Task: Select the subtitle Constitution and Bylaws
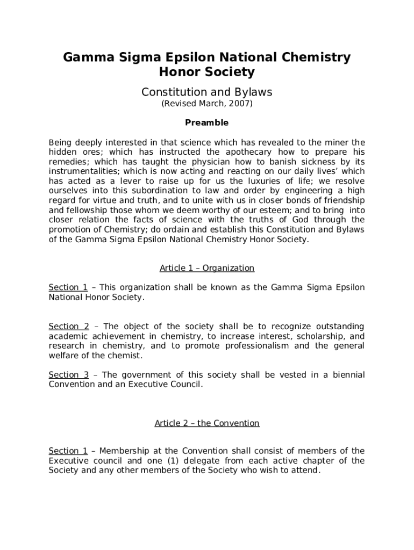point(206,92)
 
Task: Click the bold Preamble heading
point(206,123)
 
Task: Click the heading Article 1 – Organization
point(206,268)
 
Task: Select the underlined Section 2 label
point(69,327)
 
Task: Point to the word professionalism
point(249,346)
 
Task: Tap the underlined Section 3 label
point(69,375)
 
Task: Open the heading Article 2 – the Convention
point(206,423)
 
